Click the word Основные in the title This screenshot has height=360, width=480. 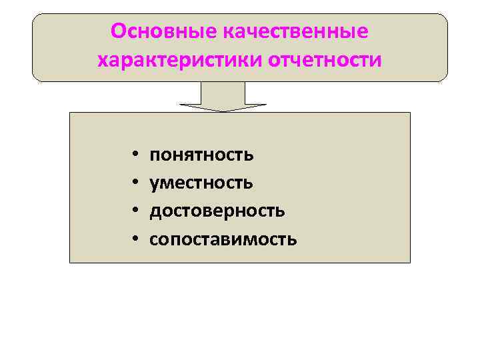[x=158, y=31]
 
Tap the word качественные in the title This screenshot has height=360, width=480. [x=290, y=31]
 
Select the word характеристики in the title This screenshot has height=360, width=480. [x=179, y=61]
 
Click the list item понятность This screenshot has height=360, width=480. [x=201, y=155]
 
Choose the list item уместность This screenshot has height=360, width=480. [x=201, y=183]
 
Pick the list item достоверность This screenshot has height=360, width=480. [x=217, y=211]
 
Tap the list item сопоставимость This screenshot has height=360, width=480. [x=223, y=239]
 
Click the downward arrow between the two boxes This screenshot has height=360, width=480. [x=223, y=97]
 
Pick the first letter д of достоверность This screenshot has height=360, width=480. [x=155, y=211]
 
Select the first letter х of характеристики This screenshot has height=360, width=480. [x=103, y=61]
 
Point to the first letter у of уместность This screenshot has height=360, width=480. [x=154, y=184]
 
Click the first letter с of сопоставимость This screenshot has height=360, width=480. [x=153, y=239]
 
